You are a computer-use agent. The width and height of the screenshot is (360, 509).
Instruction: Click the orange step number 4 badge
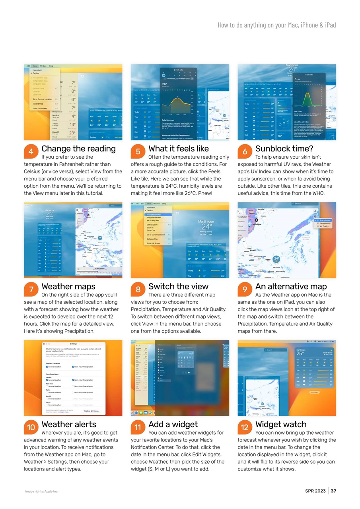click(x=31, y=152)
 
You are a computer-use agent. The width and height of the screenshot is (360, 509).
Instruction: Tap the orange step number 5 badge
click(x=138, y=152)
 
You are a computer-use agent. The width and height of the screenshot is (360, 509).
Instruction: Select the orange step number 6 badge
click(x=245, y=152)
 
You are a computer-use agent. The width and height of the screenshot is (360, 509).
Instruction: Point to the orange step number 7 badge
click(x=31, y=289)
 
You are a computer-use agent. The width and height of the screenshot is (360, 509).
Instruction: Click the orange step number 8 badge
click(x=138, y=289)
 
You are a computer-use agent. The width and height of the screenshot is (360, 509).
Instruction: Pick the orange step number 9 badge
click(x=245, y=289)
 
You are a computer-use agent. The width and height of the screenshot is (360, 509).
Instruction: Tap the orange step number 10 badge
click(x=31, y=427)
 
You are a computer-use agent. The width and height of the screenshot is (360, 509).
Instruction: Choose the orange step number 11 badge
click(x=138, y=427)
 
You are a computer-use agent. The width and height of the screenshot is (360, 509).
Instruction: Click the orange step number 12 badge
click(x=245, y=427)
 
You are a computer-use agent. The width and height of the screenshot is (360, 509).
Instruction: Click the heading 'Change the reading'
click(x=78, y=149)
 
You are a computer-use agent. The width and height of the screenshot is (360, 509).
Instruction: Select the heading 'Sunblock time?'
click(x=284, y=149)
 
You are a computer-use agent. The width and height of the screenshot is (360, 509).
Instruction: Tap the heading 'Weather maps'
click(x=68, y=286)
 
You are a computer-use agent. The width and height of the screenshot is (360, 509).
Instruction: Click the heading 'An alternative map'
click(x=291, y=286)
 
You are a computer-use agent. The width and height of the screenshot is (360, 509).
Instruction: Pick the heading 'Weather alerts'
click(x=69, y=424)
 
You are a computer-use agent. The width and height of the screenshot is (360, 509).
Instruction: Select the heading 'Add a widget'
click(x=173, y=424)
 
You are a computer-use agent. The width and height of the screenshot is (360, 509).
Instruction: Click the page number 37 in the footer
click(x=333, y=491)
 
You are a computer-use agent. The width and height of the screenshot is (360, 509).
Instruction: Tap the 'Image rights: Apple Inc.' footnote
click(x=42, y=492)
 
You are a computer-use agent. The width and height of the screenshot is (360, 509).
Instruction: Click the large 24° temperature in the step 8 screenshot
click(x=206, y=227)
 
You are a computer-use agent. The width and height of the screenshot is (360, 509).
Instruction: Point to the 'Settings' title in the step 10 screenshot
click(x=74, y=344)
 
